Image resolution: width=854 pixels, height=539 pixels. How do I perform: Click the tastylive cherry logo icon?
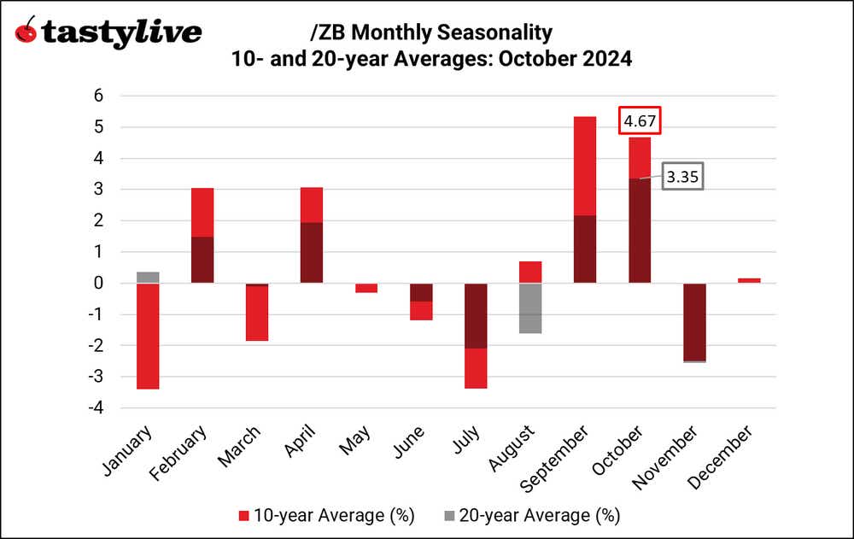point(27,32)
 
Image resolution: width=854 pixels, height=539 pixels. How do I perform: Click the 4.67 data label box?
point(640,122)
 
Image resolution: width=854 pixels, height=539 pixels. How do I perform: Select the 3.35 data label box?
point(680,178)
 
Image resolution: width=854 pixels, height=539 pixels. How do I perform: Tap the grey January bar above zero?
point(148,278)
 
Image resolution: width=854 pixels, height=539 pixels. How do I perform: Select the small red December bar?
point(749,280)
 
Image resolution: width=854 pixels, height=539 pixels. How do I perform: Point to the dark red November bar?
point(694,322)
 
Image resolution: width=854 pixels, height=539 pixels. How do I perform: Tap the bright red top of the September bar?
point(585,166)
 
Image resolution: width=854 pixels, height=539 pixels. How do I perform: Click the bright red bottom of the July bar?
point(476,368)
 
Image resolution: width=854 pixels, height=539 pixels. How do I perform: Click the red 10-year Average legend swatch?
point(243,516)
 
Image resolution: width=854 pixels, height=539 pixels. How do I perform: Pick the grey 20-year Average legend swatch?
point(448,516)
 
